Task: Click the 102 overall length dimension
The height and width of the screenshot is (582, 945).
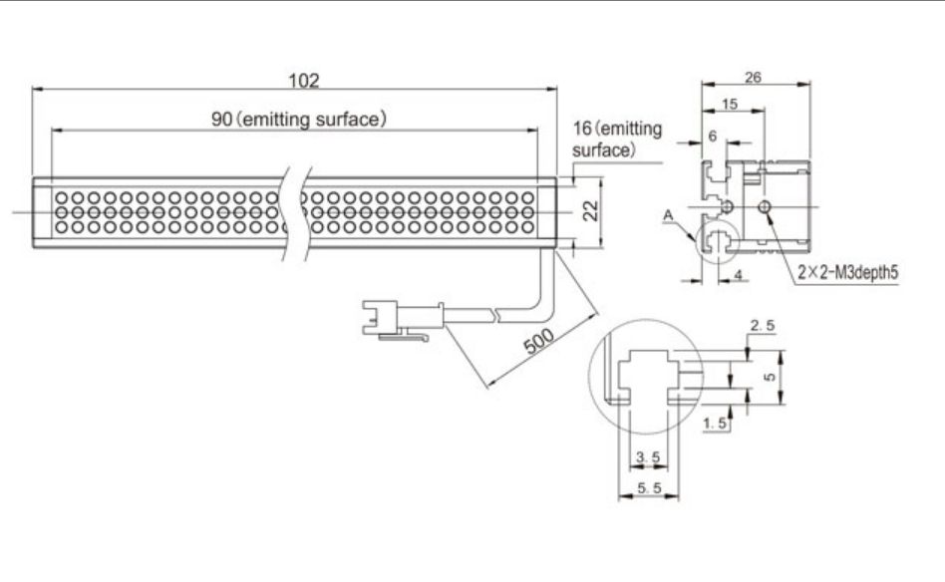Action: tap(304, 80)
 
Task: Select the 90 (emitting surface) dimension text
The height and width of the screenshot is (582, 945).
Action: tap(298, 120)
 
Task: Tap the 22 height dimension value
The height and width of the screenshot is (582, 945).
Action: tap(591, 211)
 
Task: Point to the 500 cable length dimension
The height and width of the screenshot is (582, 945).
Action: tap(539, 341)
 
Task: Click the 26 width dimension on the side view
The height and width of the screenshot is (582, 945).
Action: tap(753, 77)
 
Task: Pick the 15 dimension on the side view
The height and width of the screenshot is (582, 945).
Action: tap(730, 105)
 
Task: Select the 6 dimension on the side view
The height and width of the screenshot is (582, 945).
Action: tap(713, 137)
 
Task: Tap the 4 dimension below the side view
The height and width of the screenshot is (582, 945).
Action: tap(739, 275)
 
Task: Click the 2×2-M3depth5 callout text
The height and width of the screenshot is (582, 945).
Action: tap(848, 272)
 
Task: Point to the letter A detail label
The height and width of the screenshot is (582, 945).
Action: tap(668, 215)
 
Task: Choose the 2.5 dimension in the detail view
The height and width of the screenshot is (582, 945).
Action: tap(763, 325)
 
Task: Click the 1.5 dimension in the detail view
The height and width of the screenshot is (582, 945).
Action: tap(715, 424)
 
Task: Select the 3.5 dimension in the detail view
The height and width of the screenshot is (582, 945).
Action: tap(649, 457)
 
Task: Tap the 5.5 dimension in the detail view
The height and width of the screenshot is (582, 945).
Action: tap(649, 488)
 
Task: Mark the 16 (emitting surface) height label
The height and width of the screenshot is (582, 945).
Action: tap(616, 140)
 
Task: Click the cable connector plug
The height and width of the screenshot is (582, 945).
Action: tap(403, 318)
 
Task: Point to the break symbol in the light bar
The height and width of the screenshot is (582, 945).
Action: tap(296, 212)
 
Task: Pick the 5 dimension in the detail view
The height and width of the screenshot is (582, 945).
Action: tap(770, 377)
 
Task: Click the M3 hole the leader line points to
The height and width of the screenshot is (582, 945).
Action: tap(765, 207)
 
